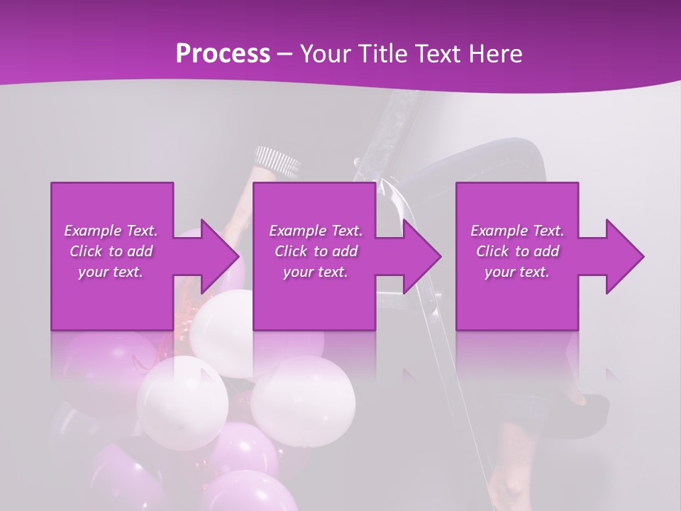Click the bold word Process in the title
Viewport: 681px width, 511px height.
[x=223, y=54]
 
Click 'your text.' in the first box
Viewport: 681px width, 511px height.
[x=111, y=272]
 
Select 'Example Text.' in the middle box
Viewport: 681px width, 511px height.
[x=316, y=231]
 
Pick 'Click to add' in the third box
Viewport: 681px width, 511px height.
[x=518, y=251]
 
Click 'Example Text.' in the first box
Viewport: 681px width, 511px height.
[x=111, y=231]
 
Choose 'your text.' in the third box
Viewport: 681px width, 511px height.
[x=518, y=272]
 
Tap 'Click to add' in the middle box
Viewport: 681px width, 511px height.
[x=316, y=251]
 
